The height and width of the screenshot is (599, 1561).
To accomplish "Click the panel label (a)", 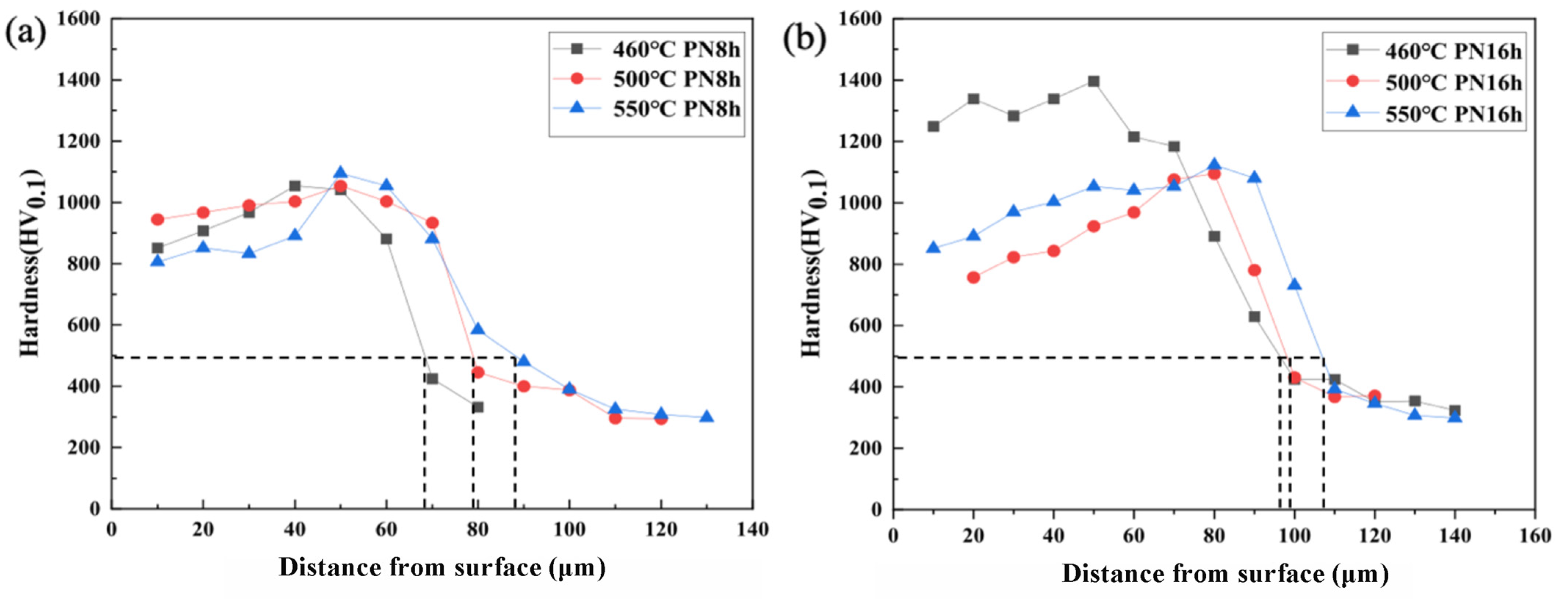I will pyautogui.click(x=25, y=34).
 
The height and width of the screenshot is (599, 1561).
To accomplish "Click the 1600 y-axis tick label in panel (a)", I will pyautogui.click(x=79, y=18).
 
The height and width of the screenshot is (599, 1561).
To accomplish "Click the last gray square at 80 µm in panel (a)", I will pyautogui.click(x=477, y=407).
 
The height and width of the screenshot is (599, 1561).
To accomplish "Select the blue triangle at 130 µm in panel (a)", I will pyautogui.click(x=706, y=417).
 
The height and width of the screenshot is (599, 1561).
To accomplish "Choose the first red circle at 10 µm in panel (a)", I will pyautogui.click(x=158, y=220).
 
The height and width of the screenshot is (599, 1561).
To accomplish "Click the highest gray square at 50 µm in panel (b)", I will pyautogui.click(x=1093, y=81).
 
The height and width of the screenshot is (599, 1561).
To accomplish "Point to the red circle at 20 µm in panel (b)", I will pyautogui.click(x=973, y=278).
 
